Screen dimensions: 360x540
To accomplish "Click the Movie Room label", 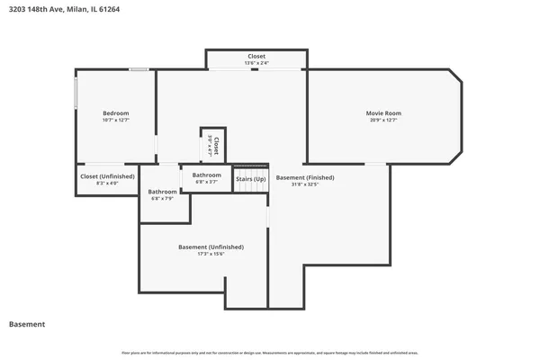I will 383,112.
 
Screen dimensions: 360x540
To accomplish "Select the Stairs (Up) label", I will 251,179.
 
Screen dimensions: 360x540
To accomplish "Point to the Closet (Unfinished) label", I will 107,176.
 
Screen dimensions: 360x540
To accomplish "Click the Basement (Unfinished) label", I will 211,247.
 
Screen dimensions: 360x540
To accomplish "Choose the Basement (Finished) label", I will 305,177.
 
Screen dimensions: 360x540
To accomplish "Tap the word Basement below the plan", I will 26,324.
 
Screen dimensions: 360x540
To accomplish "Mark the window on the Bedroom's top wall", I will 139,69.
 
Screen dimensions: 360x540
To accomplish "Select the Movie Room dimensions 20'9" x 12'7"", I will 383,120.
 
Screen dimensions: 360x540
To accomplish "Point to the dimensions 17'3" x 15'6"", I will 211,254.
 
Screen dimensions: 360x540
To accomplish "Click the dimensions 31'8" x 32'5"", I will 305,184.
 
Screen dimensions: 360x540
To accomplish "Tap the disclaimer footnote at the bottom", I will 270,353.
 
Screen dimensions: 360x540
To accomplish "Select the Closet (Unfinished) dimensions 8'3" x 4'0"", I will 107,184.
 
